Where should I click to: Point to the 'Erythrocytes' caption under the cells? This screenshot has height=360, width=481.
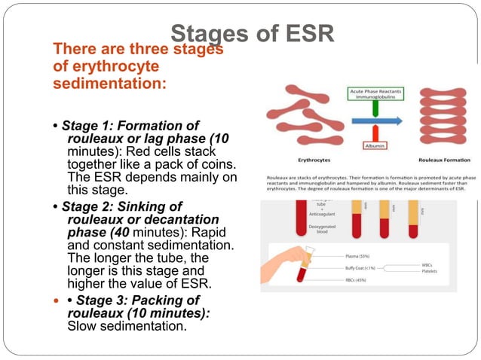point(296,160)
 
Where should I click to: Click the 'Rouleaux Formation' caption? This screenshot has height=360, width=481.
point(444,160)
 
